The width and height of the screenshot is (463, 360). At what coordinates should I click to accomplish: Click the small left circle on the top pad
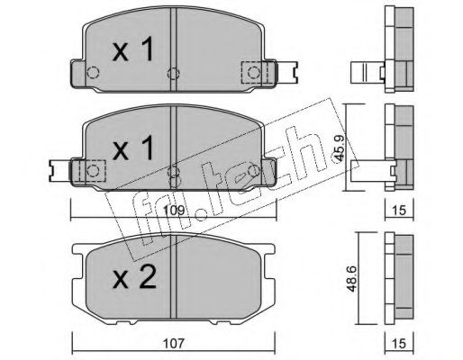coord(90,73)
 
